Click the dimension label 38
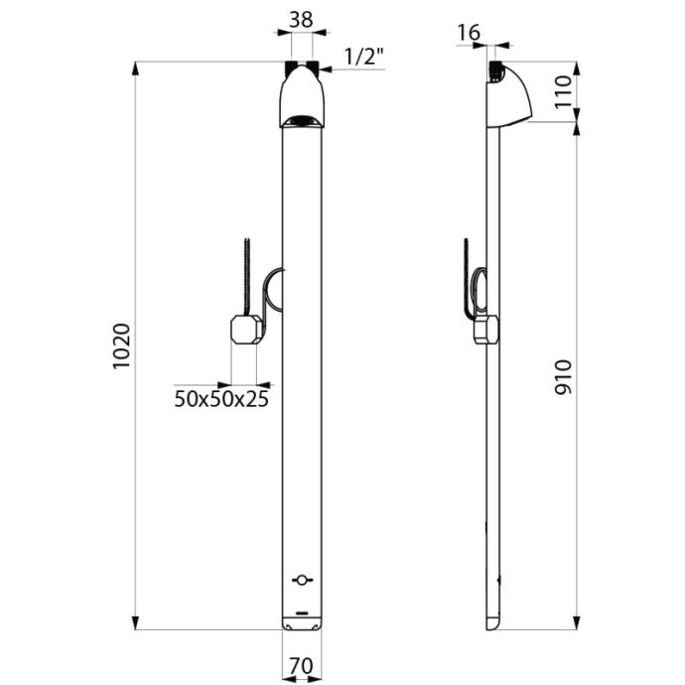point(302,20)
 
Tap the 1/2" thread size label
point(364,57)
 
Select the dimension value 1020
point(122,346)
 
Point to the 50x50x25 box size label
point(221,399)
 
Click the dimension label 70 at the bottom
point(302,666)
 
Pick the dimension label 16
point(469,33)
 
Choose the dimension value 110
point(563,91)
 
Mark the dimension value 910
point(563,377)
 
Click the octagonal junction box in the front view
point(246,329)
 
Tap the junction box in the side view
point(486,330)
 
